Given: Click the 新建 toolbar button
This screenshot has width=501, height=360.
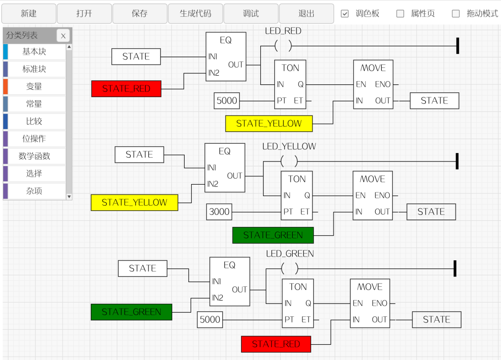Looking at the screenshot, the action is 29,13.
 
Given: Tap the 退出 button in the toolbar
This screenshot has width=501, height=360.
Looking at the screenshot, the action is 307,13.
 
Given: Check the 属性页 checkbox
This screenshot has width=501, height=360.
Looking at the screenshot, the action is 400,13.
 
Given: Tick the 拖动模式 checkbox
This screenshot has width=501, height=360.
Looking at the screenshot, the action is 456,13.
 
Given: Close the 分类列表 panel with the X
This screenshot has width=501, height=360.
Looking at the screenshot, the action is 63,35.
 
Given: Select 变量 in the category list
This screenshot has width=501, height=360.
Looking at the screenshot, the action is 34,86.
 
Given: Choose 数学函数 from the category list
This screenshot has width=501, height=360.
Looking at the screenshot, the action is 34,156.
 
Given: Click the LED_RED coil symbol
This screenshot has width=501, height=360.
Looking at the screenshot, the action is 283,46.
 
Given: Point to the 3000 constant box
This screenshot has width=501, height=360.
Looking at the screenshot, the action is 219,212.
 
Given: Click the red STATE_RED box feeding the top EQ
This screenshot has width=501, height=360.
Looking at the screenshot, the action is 126,89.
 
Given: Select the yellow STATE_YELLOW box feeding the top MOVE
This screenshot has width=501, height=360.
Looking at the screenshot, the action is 269,123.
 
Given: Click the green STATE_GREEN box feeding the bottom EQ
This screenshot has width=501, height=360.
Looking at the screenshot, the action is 131,312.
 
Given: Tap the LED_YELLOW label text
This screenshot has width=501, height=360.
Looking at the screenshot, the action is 289,146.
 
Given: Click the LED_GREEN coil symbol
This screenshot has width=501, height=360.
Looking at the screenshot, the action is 289,269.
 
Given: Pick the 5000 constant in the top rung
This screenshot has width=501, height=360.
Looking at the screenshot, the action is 226,101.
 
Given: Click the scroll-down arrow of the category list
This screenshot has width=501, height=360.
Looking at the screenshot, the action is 69,197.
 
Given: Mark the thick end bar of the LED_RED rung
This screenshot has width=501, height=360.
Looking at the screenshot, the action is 457,45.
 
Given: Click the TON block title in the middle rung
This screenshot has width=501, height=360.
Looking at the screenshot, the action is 297,179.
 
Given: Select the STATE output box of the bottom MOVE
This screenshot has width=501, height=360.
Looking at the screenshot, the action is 437,320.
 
